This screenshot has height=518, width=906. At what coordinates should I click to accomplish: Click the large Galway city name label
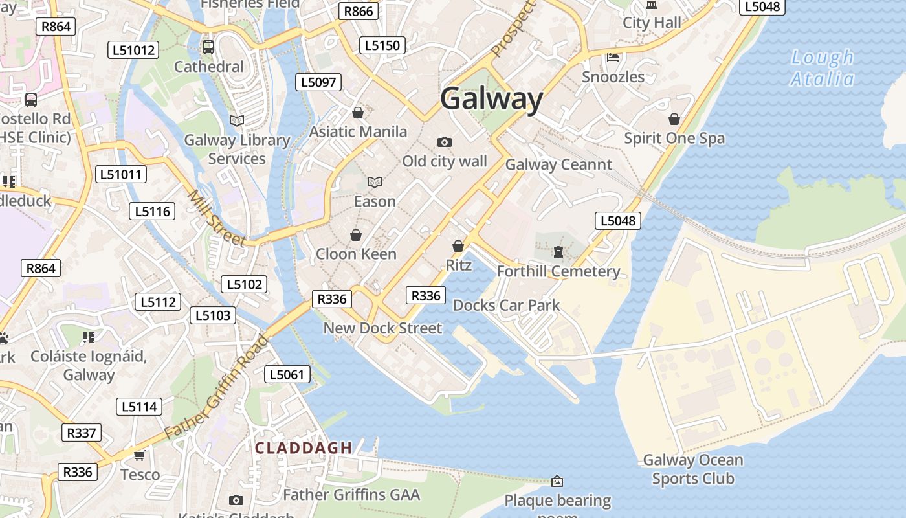[492, 99]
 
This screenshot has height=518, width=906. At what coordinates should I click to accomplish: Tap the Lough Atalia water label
[823, 68]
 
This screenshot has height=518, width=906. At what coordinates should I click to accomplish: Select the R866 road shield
[359, 11]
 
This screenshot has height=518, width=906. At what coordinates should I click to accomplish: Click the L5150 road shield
[382, 45]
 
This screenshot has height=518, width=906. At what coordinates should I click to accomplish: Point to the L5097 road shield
[318, 82]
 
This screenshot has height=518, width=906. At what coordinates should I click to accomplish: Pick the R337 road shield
[82, 433]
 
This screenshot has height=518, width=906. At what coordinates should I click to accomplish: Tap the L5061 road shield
[287, 374]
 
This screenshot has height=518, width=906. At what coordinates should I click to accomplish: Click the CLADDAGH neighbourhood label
[304, 447]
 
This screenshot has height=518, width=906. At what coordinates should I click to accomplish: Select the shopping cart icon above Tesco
[139, 455]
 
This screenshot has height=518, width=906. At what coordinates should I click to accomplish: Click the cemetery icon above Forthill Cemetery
[558, 251]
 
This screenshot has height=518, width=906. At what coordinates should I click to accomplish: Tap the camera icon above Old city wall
[445, 142]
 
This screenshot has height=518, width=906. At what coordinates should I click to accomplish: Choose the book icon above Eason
[375, 182]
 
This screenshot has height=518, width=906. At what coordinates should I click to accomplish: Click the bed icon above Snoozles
[613, 58]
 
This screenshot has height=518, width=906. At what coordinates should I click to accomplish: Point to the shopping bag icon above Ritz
[458, 246]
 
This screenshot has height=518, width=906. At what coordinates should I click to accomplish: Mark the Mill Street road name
[216, 218]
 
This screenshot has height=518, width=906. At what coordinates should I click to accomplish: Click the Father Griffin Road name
[217, 387]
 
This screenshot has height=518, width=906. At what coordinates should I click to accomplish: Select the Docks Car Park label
[506, 305]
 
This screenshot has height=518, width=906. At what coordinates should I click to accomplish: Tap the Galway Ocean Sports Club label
[692, 469]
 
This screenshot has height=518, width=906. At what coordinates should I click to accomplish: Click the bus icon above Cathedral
[208, 47]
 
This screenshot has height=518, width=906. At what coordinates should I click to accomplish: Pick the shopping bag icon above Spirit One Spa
[674, 119]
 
